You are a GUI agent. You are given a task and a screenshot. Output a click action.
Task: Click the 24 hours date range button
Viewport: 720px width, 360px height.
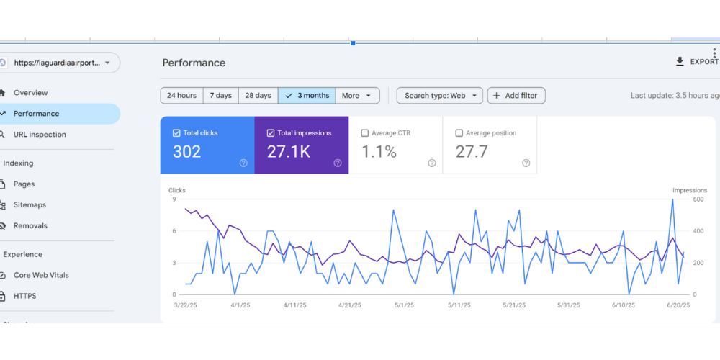click(181, 96)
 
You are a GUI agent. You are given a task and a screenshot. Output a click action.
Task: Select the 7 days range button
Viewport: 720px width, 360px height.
click(221, 96)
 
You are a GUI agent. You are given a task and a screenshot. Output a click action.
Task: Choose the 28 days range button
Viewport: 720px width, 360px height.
click(258, 96)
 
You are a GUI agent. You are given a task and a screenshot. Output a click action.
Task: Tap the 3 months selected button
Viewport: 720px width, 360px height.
click(307, 96)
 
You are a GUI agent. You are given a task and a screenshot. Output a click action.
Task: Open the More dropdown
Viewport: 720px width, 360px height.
click(358, 96)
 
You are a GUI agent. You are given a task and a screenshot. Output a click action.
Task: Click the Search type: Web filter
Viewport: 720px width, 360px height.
click(439, 96)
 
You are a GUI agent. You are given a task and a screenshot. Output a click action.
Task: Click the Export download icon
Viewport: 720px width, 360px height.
click(680, 62)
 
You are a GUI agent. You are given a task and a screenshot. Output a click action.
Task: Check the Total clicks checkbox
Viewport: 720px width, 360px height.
click(176, 133)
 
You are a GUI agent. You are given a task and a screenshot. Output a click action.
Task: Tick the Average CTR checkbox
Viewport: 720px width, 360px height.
click(364, 133)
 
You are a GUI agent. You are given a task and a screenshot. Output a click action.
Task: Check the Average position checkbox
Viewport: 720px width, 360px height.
click(459, 133)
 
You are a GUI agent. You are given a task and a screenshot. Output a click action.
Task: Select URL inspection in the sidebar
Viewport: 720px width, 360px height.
click(40, 135)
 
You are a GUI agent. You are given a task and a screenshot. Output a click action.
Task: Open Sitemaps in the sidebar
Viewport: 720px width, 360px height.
click(30, 205)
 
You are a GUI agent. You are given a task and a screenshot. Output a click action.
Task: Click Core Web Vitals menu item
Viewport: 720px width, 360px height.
click(41, 276)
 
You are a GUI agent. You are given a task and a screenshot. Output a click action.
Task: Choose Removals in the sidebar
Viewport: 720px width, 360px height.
click(30, 226)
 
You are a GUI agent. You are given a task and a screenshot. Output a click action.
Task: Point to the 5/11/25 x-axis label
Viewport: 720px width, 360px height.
click(459, 305)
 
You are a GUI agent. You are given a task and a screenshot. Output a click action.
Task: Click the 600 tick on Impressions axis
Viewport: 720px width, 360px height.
click(679, 199)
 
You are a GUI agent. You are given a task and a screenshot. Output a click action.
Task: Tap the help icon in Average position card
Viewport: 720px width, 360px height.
click(526, 163)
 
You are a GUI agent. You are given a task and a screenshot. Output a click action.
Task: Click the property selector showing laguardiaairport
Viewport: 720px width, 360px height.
click(60, 63)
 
